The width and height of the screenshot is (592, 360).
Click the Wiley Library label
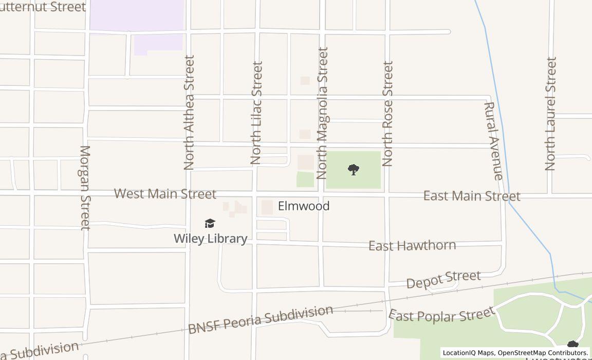coord(210,239)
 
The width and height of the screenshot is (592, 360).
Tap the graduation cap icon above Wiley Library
coord(210,223)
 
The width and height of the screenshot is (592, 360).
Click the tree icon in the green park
coord(353,169)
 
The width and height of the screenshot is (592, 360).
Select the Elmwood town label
coord(304,206)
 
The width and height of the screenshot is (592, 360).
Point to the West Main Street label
coord(165,194)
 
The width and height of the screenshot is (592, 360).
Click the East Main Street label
coord(472,196)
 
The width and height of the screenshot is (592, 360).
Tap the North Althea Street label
coord(189,113)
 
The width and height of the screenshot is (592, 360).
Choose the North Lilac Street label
coord(256,113)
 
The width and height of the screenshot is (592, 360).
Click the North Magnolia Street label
coord(322,113)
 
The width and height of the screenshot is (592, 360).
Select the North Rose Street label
coord(387,114)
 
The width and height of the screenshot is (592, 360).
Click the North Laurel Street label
coord(550,114)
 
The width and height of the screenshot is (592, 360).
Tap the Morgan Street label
coord(85,188)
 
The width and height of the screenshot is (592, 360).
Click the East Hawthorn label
coord(412,245)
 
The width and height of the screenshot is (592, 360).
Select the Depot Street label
coord(443,279)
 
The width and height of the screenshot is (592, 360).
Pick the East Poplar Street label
coord(441,314)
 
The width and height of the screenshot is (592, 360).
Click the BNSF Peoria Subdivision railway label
coord(261,319)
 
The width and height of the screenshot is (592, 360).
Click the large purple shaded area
coord(137,15)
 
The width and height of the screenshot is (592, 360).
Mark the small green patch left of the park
coord(305,179)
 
